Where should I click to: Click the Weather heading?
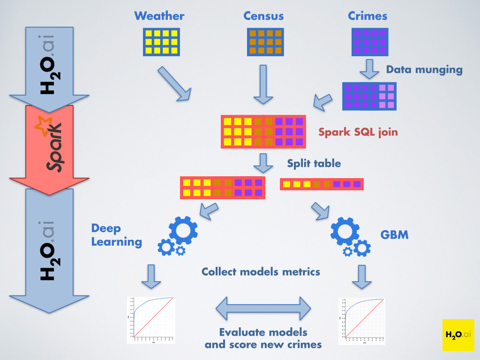[159, 16]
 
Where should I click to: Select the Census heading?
[263, 16]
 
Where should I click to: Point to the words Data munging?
[424, 70]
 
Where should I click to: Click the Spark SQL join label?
[358, 132]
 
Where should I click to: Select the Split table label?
[314, 164]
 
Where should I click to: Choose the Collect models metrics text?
[261, 271]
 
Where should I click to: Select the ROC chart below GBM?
[362, 320]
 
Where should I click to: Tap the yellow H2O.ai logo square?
[458, 335]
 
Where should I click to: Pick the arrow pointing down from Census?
[263, 84]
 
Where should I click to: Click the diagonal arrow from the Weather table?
[174, 83]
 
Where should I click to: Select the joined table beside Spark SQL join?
[263, 132]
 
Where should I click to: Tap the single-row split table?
[322, 184]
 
